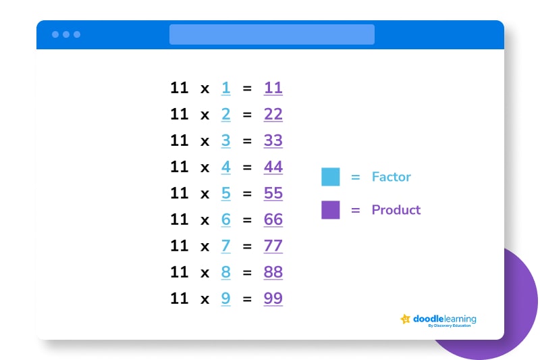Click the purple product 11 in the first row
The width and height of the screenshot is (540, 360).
click(x=273, y=88)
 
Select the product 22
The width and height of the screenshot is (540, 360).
click(x=273, y=114)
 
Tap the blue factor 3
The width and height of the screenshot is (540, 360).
click(x=225, y=140)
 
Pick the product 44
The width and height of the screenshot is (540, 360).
click(x=273, y=167)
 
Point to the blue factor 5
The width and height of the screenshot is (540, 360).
click(x=225, y=193)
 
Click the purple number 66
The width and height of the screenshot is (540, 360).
click(x=273, y=220)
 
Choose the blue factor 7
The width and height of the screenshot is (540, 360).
click(x=225, y=246)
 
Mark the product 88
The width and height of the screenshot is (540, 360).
click(x=273, y=272)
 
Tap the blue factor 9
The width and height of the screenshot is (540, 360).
click(x=225, y=299)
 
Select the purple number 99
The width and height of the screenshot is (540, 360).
click(x=273, y=299)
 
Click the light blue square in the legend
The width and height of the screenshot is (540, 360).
click(x=331, y=177)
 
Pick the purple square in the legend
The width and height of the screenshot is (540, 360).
click(x=331, y=210)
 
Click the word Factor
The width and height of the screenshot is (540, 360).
click(x=391, y=177)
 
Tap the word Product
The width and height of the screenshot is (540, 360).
click(x=396, y=210)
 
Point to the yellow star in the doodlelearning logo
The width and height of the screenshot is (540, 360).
click(x=406, y=319)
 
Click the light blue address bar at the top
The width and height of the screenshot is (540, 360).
click(x=272, y=34)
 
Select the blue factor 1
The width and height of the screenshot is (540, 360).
click(x=225, y=88)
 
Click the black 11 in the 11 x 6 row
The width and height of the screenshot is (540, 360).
click(x=180, y=220)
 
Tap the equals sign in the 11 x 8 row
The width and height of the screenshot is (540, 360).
click(x=247, y=272)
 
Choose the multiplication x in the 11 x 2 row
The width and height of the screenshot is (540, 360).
click(x=205, y=115)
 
